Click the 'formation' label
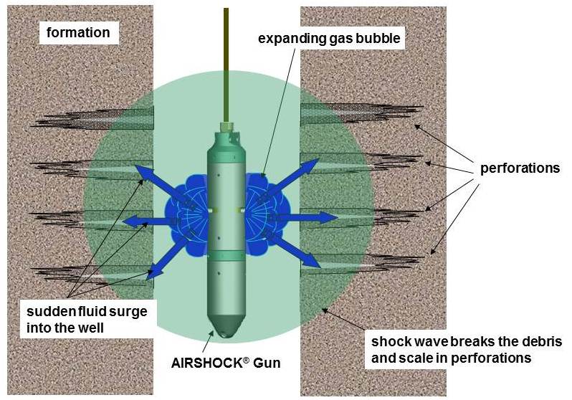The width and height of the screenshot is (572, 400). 79,32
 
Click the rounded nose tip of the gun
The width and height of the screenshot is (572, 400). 227,331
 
